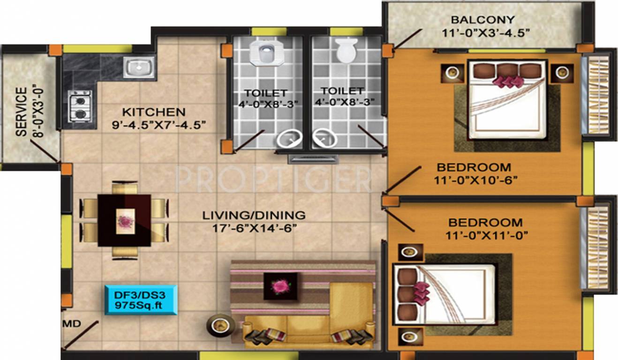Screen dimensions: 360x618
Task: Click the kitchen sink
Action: [139, 67]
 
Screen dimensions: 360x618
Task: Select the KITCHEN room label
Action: [153, 112]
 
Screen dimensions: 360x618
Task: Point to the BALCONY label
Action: [482, 20]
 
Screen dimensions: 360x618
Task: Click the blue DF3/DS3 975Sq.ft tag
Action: [141, 300]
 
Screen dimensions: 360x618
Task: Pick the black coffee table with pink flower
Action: [280, 285]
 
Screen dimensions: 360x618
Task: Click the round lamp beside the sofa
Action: [218, 325]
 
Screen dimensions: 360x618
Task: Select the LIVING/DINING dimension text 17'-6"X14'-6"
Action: [254, 228]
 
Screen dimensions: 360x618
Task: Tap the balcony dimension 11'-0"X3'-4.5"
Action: [485, 33]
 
